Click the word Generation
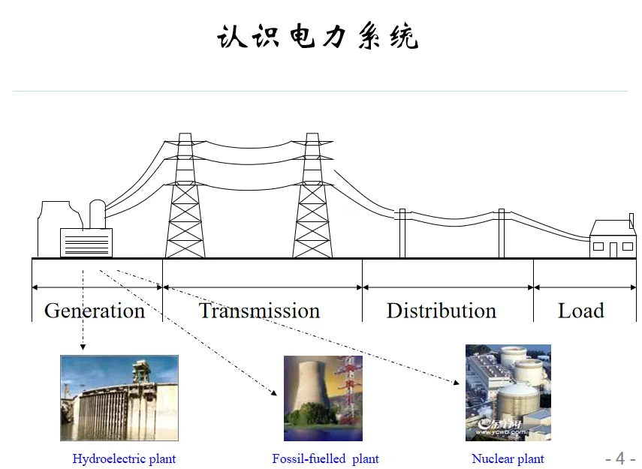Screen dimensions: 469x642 [95, 311]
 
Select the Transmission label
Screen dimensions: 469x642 [259, 311]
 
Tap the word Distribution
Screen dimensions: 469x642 [442, 311]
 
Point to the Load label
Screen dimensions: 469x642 [580, 311]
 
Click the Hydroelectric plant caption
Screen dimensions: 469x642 [124, 458]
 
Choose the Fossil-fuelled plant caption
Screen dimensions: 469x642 [325, 458]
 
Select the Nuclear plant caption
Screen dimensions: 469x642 [508, 458]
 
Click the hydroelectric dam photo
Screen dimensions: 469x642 [119, 398]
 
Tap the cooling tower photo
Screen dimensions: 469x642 [323, 398]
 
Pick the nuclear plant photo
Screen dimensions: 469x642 [508, 392]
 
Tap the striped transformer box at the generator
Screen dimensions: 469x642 [86, 243]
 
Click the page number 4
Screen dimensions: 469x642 [620, 458]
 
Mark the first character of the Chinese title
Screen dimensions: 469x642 [233, 37]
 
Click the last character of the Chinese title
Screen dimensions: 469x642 [404, 37]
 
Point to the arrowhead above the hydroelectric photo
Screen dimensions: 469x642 [83, 347]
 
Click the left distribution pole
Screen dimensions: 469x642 [402, 233]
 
